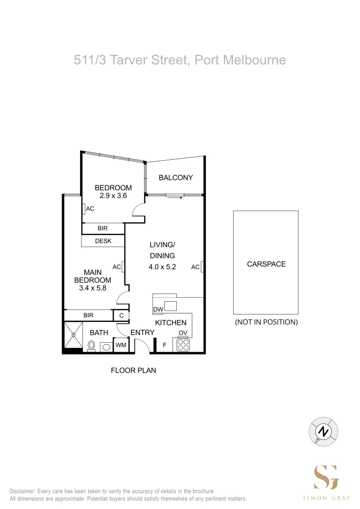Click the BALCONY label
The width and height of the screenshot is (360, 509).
coord(175,178)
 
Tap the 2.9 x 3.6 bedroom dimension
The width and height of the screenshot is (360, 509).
coord(113,196)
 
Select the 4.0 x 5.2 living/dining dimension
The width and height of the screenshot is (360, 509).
coord(162,267)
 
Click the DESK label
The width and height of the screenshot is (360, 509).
coord(103,241)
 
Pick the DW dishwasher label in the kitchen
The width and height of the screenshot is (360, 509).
coord(157,310)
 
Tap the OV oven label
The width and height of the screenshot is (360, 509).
coord(183,333)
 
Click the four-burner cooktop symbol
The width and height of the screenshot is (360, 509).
coord(183,345)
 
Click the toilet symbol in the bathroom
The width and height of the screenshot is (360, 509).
coord(91,346)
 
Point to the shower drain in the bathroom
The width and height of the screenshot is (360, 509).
coord(74,336)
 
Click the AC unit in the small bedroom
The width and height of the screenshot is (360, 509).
coord(83,208)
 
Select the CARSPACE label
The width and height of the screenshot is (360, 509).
coord(266,264)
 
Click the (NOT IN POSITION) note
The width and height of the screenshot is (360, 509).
coord(266,322)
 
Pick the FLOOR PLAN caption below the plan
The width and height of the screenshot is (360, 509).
coord(133,370)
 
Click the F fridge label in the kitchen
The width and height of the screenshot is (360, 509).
coord(164,345)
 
